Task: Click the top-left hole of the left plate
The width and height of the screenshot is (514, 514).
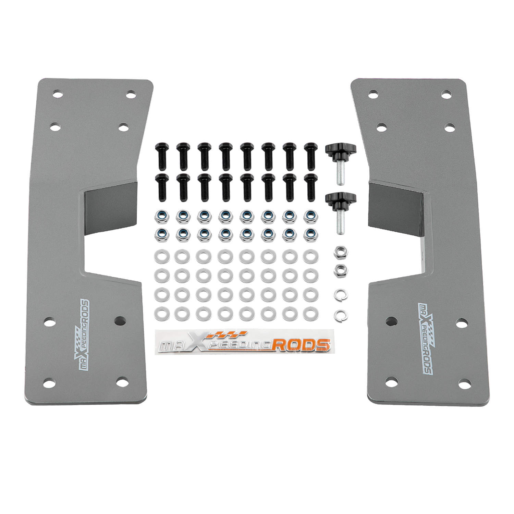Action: pos(58,94)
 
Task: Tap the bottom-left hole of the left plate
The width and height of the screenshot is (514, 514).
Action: pos(49,381)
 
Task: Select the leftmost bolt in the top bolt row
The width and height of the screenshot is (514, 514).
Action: pos(161,156)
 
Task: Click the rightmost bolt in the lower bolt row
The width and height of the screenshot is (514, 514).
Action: pos(310,187)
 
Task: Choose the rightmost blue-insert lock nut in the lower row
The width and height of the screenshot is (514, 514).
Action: pos(310,234)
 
